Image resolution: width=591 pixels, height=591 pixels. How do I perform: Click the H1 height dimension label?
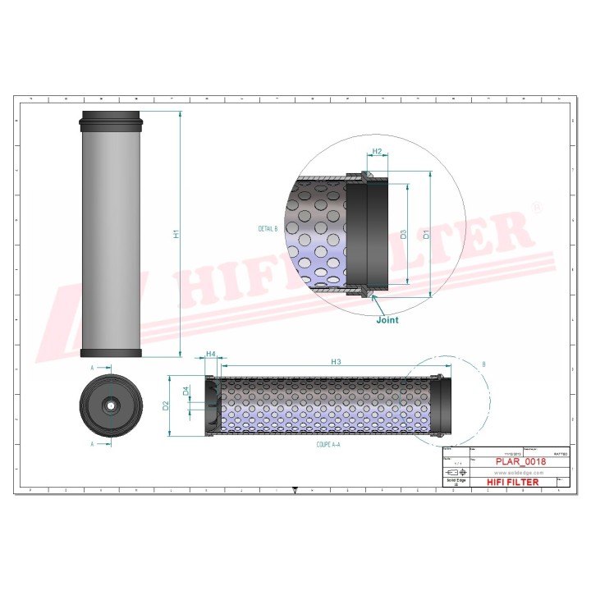(x=176, y=234)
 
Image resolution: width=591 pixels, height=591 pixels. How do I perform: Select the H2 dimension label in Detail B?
(x=378, y=152)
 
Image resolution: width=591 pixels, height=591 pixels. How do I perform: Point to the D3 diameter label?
(x=404, y=234)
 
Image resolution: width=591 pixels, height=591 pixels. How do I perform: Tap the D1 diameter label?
(x=426, y=234)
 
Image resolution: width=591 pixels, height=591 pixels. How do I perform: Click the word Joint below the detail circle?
(x=387, y=320)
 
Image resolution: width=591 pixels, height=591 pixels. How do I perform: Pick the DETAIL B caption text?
(x=268, y=228)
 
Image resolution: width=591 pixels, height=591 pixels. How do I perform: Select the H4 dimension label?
(x=211, y=354)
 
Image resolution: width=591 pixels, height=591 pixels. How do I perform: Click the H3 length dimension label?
(x=336, y=361)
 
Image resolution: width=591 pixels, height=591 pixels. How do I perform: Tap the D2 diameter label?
(x=166, y=405)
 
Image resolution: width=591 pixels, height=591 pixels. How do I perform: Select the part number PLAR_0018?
(x=521, y=461)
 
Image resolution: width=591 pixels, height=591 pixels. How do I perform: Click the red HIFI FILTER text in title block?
(x=514, y=482)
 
